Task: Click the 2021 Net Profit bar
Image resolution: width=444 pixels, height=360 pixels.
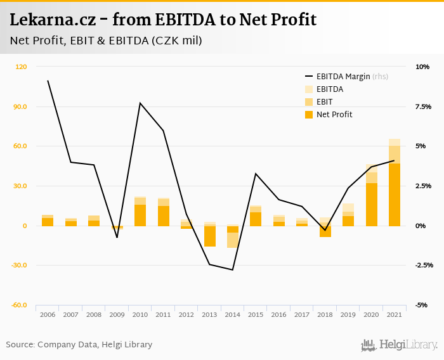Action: pos(395,195)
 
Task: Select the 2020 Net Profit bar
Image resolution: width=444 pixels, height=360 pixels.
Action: pos(371,204)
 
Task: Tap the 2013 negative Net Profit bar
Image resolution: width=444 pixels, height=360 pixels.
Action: pos(209,236)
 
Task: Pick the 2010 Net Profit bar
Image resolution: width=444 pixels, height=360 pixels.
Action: pos(140,215)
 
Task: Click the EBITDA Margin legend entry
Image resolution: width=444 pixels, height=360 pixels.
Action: pos(339,77)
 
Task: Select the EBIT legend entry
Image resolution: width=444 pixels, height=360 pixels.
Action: pos(324,102)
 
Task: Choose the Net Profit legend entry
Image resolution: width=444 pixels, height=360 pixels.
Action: pos(334,115)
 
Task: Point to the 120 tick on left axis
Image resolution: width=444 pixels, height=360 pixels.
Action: pos(22,67)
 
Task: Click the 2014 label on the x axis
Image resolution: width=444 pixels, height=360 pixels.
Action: pos(232,315)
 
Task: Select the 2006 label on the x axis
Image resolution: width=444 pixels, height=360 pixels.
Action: pos(48,315)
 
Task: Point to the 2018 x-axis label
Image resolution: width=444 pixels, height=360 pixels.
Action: pos(325,315)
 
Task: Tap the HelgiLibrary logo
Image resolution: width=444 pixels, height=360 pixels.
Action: pos(400,345)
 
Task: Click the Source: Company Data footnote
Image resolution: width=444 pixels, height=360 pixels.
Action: pos(79,345)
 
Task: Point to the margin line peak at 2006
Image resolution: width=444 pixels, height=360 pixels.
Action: pos(48,80)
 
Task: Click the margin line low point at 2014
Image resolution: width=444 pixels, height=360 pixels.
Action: pos(233,270)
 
